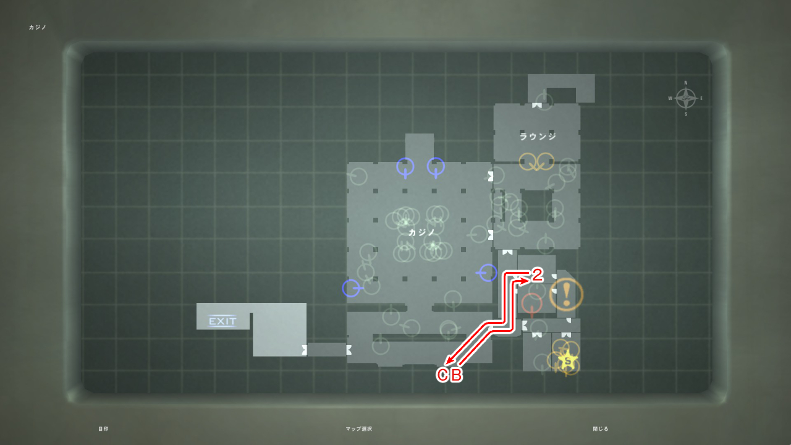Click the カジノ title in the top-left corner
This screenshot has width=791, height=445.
(38, 27)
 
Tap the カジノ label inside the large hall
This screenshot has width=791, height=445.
(422, 232)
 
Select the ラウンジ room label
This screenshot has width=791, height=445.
(538, 137)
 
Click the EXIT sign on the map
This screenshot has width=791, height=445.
(222, 321)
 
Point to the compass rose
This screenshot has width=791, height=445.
(685, 98)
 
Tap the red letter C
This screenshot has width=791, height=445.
(442, 375)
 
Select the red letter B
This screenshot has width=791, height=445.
(456, 375)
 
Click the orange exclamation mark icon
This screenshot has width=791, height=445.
(566, 294)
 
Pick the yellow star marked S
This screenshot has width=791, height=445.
(567, 359)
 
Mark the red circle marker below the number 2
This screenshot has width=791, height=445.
(531, 303)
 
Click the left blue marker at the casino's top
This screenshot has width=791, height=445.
(405, 166)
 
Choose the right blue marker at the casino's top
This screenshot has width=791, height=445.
(436, 166)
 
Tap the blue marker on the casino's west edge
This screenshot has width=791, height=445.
(351, 288)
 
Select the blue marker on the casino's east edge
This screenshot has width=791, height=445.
(488, 273)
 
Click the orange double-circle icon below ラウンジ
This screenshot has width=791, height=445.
(536, 161)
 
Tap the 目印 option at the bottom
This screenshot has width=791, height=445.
(103, 429)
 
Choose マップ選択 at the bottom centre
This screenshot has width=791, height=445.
(359, 429)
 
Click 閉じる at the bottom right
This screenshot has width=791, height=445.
(601, 429)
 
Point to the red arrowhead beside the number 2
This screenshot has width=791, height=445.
(525, 281)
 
